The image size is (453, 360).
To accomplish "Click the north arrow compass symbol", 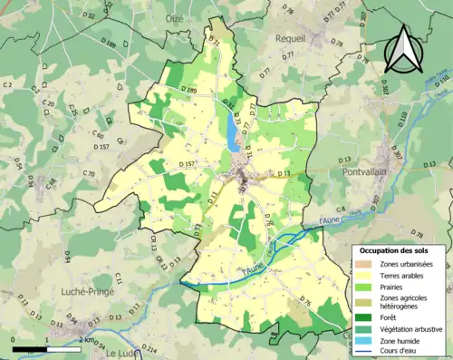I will tap(401, 49).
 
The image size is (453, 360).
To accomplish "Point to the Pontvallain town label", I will tap(368, 171).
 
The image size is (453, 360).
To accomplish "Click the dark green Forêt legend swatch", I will tap(365, 316).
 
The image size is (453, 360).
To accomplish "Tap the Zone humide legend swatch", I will tap(365, 340).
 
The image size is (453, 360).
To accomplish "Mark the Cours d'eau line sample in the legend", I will tap(365, 352).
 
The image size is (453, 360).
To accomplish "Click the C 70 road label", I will tap(88, 173).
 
